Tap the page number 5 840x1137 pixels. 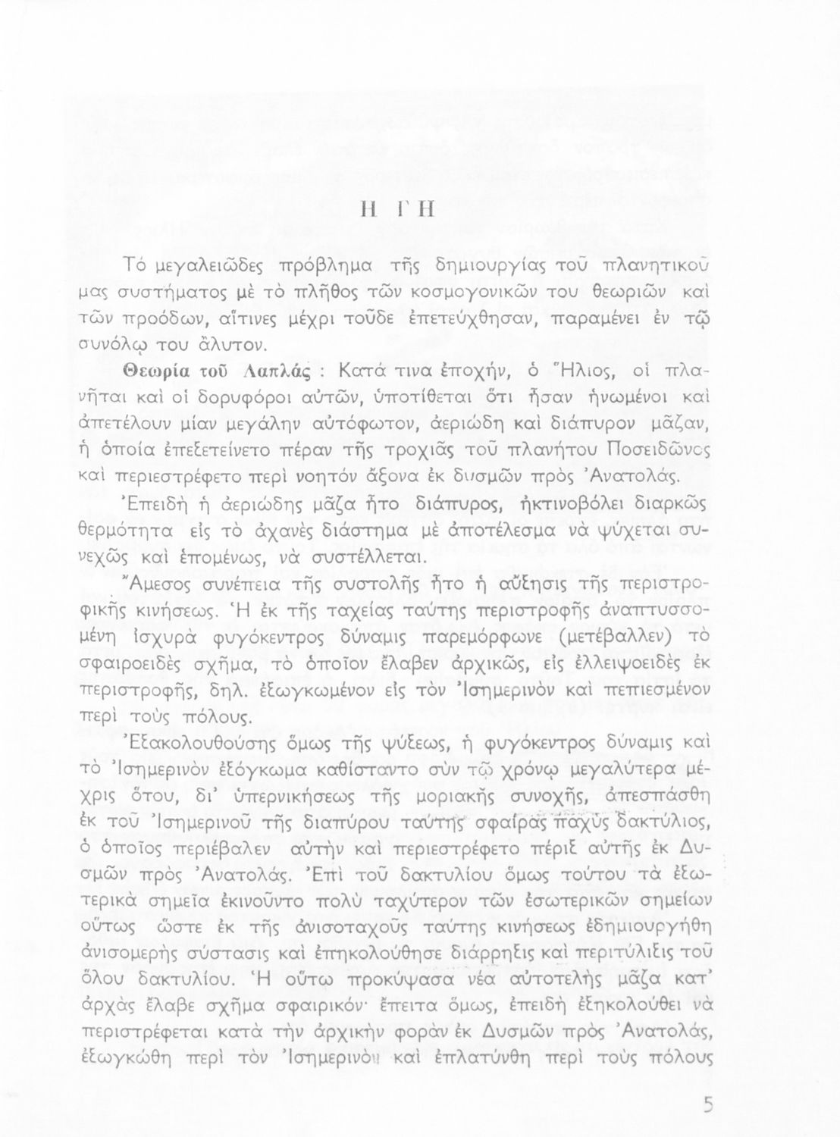[x=708, y=1105]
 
